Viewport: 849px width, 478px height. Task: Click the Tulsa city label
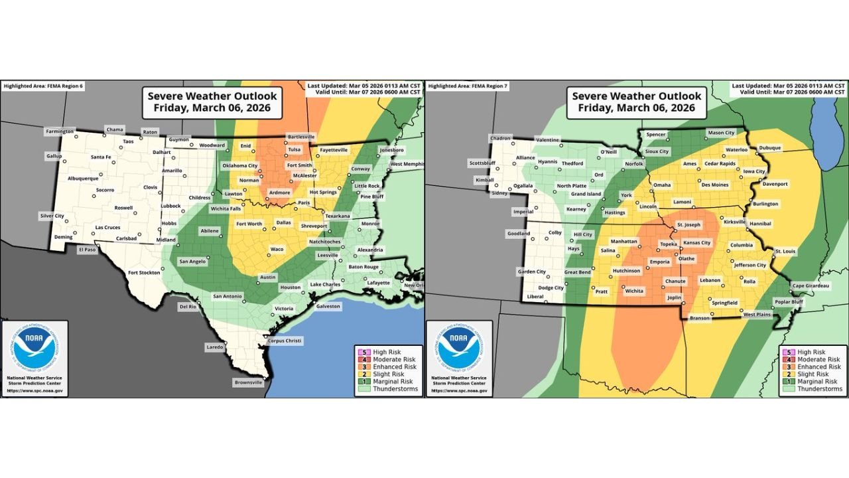294,149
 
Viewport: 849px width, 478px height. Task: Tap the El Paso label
88,249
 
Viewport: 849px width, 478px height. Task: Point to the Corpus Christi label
285,341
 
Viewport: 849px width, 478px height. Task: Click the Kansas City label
696,243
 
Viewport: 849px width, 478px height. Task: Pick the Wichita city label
634,291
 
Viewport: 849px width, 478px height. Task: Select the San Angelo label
194,262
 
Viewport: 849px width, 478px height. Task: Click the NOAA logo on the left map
34,349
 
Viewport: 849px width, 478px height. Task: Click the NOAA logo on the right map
459,349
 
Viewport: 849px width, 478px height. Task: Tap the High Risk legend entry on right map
811,352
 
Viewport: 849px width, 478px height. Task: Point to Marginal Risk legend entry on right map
815,381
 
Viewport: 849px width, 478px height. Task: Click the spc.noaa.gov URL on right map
459,391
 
